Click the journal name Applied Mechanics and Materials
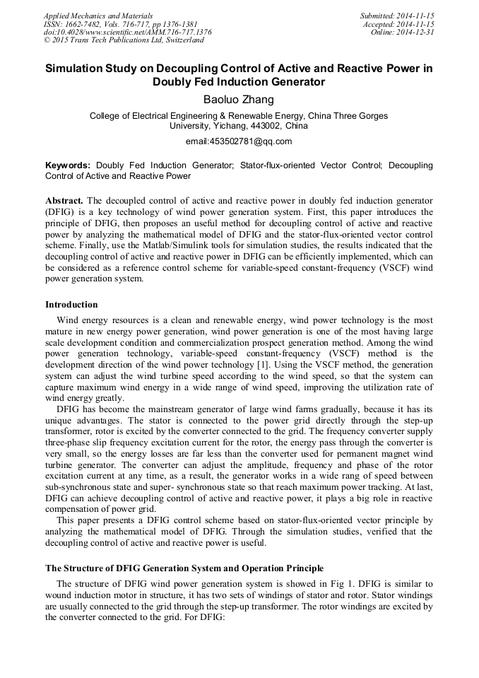[x=97, y=15]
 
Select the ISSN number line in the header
[x=119, y=23]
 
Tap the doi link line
[x=127, y=32]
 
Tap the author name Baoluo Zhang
[x=239, y=100]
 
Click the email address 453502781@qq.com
[x=239, y=141]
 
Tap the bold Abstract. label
[x=64, y=200]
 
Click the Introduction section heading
[x=71, y=305]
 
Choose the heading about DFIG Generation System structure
[x=184, y=568]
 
